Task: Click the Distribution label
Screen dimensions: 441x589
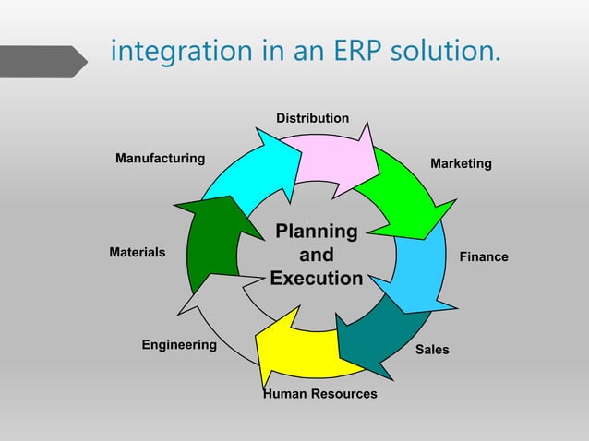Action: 312,118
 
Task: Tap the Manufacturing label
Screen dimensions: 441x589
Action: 160,159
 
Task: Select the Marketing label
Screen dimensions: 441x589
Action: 461,163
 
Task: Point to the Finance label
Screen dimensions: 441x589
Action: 484,256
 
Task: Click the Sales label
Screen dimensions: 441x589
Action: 432,350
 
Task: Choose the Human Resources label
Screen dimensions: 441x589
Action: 320,394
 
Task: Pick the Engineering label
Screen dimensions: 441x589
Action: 178,345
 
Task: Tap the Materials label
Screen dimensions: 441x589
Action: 137,252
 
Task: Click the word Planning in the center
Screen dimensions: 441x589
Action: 317,231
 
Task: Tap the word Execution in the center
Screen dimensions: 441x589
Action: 317,279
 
